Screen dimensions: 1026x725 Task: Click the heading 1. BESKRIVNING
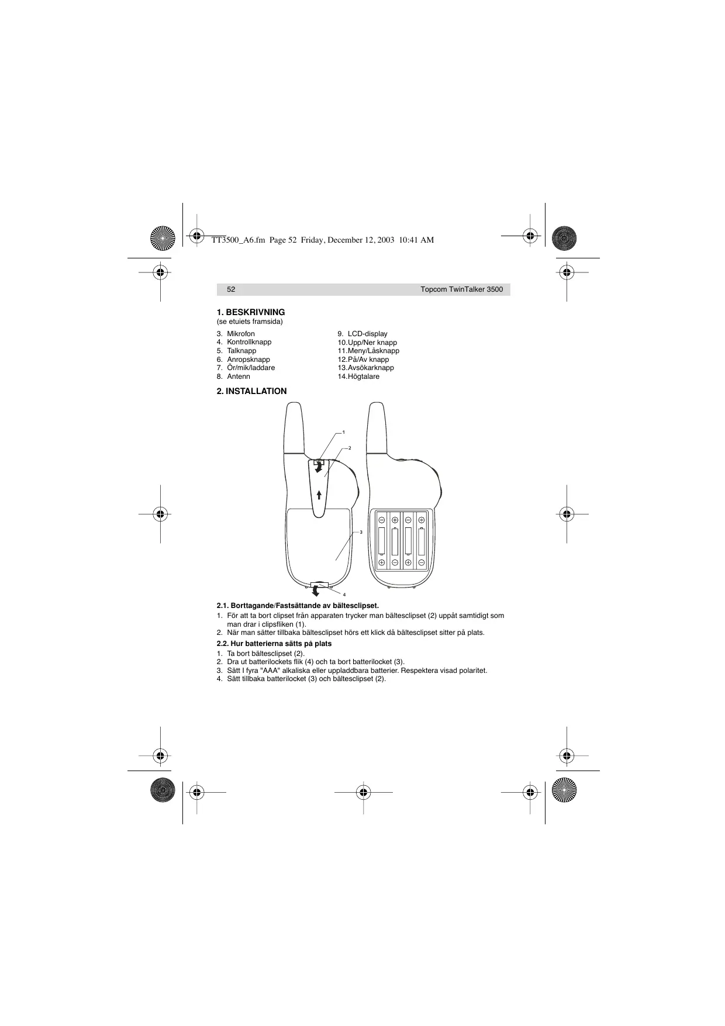pyautogui.click(x=251, y=312)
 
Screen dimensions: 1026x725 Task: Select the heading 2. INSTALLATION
pyautogui.click(x=251, y=391)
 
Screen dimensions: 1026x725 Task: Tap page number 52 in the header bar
pyautogui.click(x=231, y=289)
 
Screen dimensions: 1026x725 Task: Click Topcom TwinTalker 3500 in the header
pyautogui.click(x=461, y=289)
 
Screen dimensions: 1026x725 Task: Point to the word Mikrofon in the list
pyautogui.click(x=241, y=334)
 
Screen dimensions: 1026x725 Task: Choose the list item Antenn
pyautogui.click(x=239, y=376)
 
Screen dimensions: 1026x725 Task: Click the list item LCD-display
pyautogui.click(x=367, y=334)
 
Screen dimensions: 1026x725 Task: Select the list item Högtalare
pyautogui.click(x=363, y=376)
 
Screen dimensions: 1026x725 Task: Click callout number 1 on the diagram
pyautogui.click(x=344, y=432)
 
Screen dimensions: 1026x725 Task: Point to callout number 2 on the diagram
pyautogui.click(x=349, y=448)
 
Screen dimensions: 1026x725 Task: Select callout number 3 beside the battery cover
pyautogui.click(x=361, y=533)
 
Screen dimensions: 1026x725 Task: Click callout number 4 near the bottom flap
pyautogui.click(x=344, y=595)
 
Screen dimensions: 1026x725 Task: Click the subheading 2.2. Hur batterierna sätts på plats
pyautogui.click(x=274, y=644)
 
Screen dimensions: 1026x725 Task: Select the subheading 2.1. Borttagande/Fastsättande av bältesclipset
pyautogui.click(x=298, y=606)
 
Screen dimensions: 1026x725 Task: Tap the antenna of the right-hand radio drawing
pyautogui.click(x=377, y=427)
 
